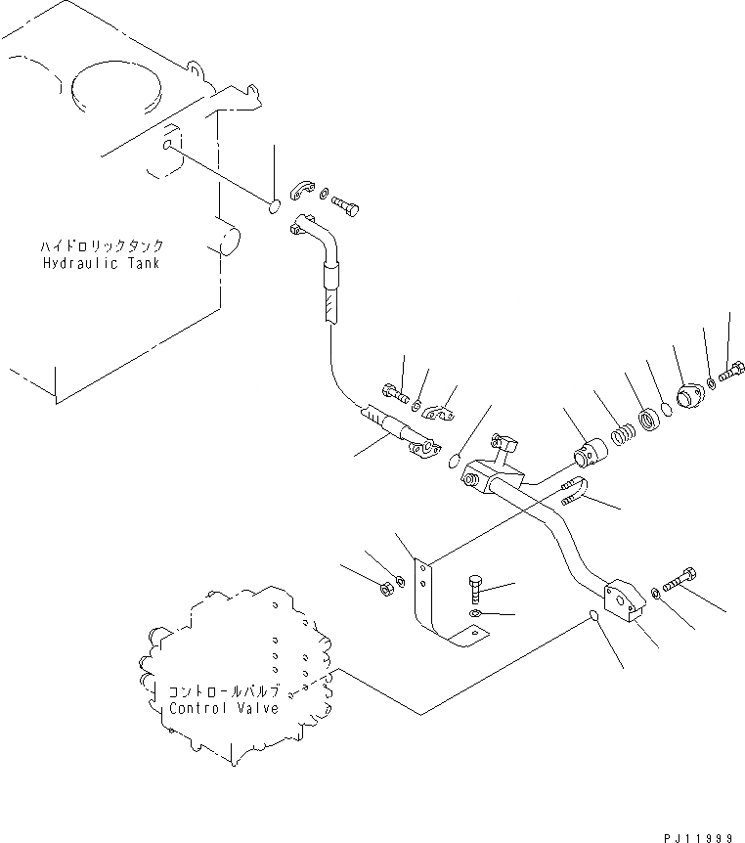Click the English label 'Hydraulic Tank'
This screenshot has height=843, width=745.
tap(102, 263)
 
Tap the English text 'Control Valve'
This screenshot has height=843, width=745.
tap(224, 708)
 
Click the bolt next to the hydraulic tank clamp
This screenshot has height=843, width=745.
tap(345, 205)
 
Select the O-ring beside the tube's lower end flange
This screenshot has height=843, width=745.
tap(592, 616)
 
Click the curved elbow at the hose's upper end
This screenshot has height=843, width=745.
tap(315, 238)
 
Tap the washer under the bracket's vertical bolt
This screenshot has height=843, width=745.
tap(473, 613)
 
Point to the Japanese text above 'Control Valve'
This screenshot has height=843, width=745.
tap(224, 689)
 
